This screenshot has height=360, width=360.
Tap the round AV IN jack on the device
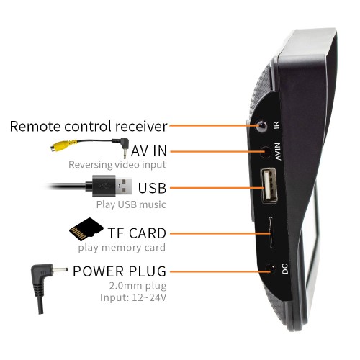click(x=266, y=152)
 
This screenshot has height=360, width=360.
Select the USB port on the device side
click(x=269, y=186)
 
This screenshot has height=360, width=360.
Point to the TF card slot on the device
click(x=271, y=233)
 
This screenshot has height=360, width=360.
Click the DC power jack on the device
click(x=271, y=269)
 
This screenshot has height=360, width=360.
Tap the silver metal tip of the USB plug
click(x=124, y=186)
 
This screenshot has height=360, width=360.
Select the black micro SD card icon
click(x=86, y=230)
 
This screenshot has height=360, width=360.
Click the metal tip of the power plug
click(x=60, y=271)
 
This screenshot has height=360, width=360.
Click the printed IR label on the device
click(x=276, y=125)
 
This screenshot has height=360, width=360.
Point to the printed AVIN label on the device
click(x=277, y=151)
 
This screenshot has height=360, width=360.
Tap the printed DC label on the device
click(x=284, y=269)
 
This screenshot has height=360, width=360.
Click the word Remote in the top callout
click(x=35, y=127)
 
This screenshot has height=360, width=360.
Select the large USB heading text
click(x=152, y=188)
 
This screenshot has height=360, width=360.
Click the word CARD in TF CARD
click(x=148, y=233)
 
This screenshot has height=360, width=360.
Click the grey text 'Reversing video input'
click(x=117, y=165)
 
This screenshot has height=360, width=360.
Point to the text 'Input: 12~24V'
click(x=133, y=297)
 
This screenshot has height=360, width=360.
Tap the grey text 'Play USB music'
click(x=131, y=204)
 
